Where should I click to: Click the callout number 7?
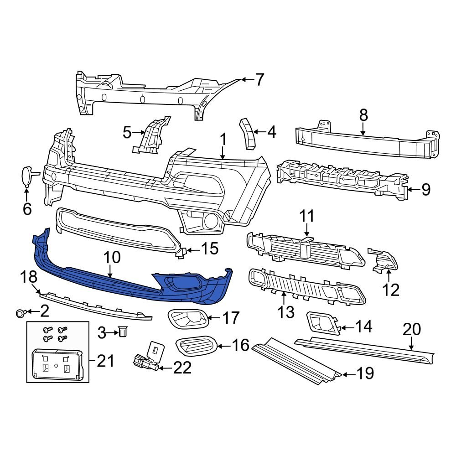tap(259, 80)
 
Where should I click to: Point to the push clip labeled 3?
tap(122, 332)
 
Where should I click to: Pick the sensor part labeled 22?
tap(145, 363)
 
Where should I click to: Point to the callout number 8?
tap(363, 115)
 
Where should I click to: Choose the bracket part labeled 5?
tap(151, 135)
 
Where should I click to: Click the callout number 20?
tap(412, 330)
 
